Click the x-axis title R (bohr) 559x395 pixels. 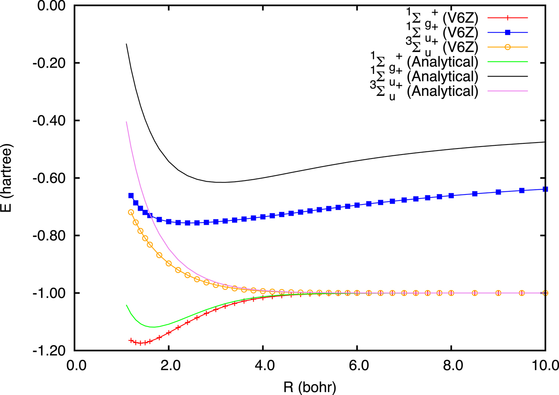click(310, 387)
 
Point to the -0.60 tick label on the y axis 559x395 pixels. click(52, 178)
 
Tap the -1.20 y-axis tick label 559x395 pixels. click(52, 351)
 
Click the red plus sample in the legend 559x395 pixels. click(507, 18)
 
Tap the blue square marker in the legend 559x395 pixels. click(507, 32)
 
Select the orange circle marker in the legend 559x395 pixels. click(507, 47)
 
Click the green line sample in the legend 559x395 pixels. click(507, 62)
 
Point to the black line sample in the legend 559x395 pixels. click(507, 76)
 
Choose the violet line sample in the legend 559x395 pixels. click(507, 91)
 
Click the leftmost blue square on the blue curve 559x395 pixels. click(131, 196)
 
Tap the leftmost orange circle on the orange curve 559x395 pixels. click(131, 212)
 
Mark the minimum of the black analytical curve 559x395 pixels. click(221, 183)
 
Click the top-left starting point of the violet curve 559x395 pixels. click(127, 122)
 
